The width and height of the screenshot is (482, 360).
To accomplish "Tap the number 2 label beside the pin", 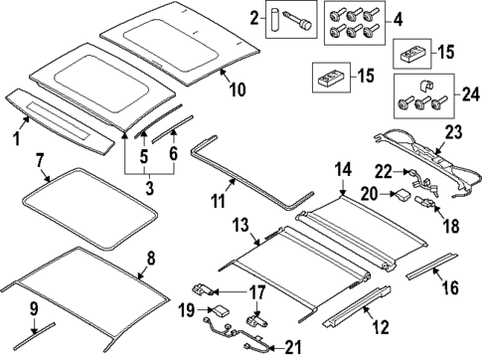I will coord(254,17).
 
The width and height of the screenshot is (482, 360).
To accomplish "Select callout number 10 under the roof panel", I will coord(238,90).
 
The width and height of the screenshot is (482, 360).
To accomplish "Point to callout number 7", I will coord(39,159).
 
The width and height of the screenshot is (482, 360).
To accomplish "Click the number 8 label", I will coord(150,259).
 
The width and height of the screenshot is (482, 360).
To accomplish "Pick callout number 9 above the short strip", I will coord(33,307).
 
